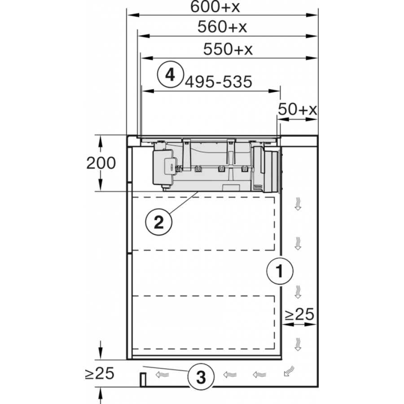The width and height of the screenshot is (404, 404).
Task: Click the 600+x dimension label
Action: click(215, 7)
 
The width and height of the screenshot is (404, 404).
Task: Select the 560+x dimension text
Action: click(222, 27)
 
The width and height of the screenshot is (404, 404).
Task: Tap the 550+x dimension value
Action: click(228, 49)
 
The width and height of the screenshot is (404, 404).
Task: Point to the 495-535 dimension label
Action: click(219, 82)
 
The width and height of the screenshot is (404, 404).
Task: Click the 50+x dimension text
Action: click(297, 109)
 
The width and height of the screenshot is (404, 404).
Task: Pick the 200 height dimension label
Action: click(101, 163)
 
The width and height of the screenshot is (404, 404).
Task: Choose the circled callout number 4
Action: click(170, 75)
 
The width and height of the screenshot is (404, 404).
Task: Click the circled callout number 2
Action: click(159, 222)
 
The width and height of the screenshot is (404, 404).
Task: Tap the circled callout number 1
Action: click(280, 271)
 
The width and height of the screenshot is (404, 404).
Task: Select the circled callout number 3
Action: click(201, 377)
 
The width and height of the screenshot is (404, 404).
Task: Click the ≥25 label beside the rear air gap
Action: click(299, 314)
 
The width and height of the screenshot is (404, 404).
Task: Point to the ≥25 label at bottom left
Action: click(100, 373)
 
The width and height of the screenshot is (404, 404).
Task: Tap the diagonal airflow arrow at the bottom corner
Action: click(289, 371)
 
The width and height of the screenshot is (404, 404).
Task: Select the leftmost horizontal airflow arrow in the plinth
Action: click(162, 374)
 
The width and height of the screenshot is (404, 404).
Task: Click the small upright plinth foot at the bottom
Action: click(143, 379)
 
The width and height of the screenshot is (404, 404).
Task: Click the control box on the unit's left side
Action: click(163, 167)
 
